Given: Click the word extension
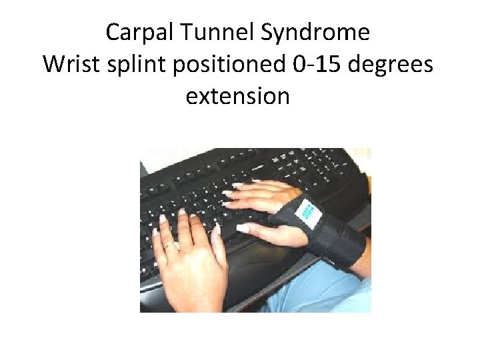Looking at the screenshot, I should (x=237, y=96).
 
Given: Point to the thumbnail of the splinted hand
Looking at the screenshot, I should (x=243, y=228).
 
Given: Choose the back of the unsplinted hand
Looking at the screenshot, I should (x=190, y=267).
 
